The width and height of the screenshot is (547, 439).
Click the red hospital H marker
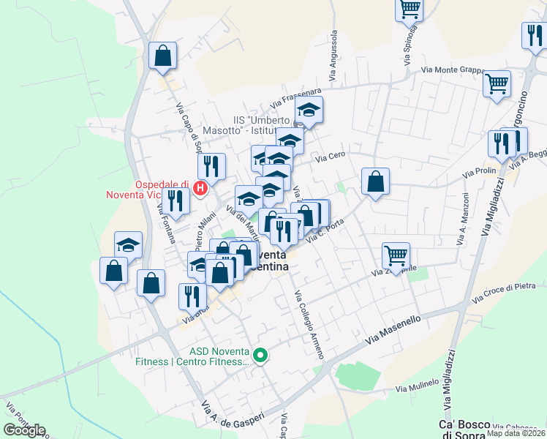point(201,189)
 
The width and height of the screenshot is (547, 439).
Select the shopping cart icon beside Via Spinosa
point(410,10)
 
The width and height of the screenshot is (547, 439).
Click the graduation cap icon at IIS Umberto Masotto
point(309,111)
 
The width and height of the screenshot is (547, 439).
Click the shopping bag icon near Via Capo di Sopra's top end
point(162,55)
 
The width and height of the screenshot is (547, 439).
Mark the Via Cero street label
point(329,156)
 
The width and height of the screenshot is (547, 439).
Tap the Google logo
point(24,430)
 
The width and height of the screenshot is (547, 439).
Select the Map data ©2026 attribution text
point(516,433)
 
